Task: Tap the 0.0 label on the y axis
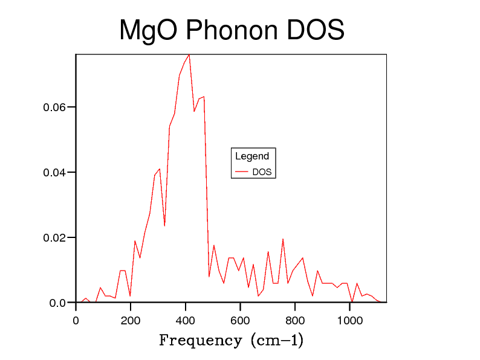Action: point(57,303)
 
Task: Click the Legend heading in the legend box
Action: point(252,156)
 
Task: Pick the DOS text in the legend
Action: point(262,172)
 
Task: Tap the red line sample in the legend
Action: point(242,172)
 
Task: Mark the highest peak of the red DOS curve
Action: point(189,54)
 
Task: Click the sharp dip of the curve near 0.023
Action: point(164,226)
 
